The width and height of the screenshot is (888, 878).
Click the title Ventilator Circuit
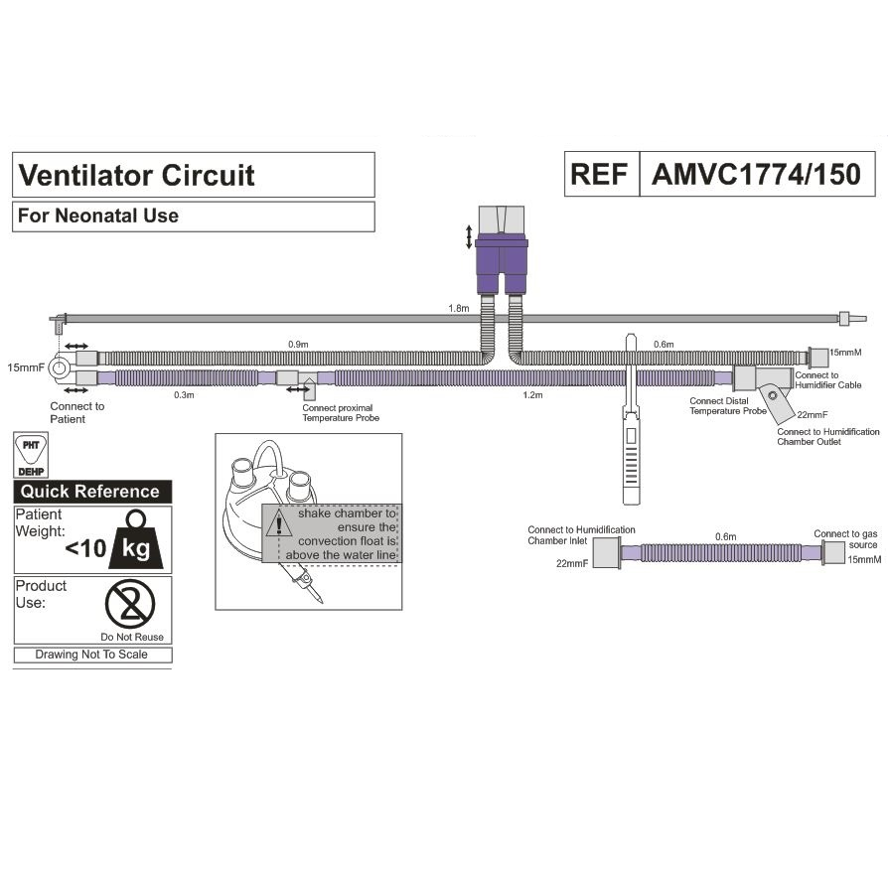click(137, 176)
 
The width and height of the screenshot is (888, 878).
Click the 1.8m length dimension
click(458, 309)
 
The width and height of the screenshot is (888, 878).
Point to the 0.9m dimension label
click(297, 344)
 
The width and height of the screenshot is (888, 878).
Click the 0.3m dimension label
click(184, 394)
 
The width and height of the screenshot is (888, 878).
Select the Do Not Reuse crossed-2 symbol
click(131, 604)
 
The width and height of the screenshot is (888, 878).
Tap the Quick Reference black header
click(91, 492)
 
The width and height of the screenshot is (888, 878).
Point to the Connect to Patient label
click(77, 412)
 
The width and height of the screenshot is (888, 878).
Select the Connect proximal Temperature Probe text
click(341, 412)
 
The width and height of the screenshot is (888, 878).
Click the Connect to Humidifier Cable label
click(827, 380)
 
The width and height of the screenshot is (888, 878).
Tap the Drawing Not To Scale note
click(91, 655)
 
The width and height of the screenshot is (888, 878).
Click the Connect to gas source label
click(846, 539)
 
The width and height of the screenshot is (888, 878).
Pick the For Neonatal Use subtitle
click(97, 216)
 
